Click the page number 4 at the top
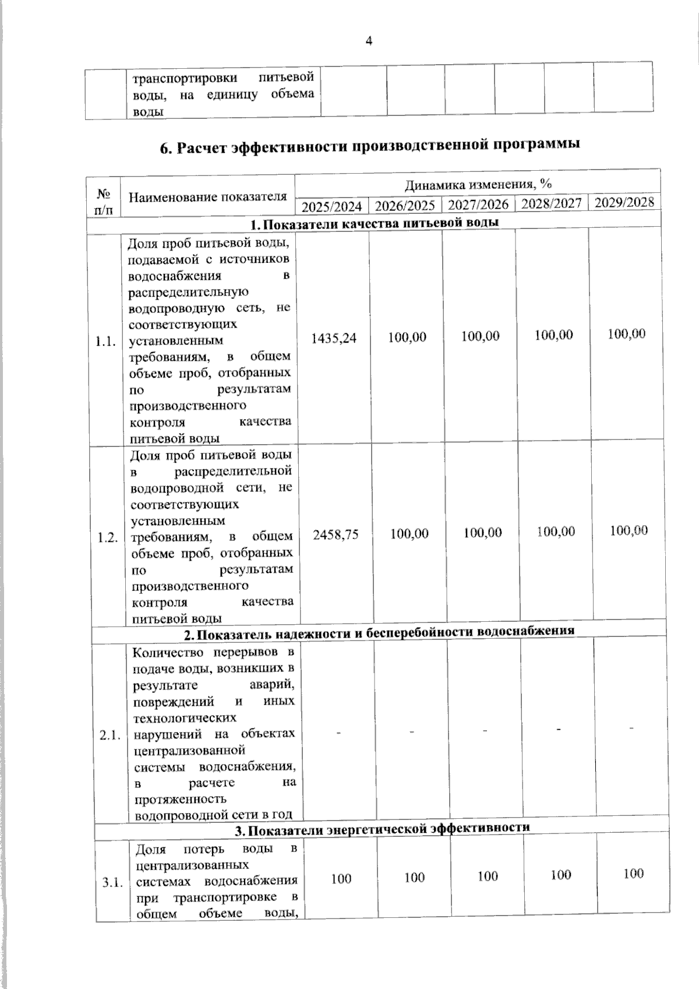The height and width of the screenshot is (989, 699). (368, 40)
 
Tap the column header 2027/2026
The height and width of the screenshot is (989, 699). (478, 205)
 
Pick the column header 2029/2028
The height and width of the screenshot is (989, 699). (624, 202)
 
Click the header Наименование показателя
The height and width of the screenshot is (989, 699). (208, 196)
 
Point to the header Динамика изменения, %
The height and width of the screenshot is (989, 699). (478, 185)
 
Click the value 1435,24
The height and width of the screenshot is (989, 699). (334, 337)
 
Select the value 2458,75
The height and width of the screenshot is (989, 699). (336, 534)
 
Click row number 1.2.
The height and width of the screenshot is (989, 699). (108, 538)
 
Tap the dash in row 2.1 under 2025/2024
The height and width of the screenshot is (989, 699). (338, 732)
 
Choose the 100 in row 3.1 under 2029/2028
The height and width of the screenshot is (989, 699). (633, 873)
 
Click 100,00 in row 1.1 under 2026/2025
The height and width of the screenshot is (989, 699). (408, 337)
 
